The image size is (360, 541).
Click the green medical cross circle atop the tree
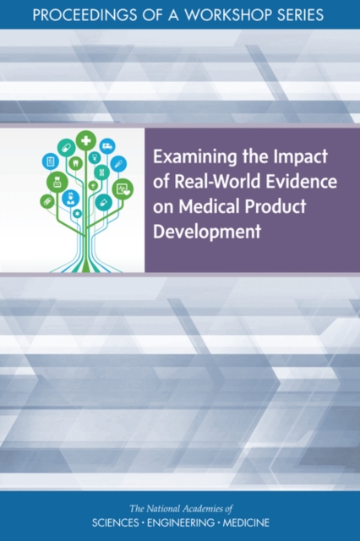[x=85, y=139]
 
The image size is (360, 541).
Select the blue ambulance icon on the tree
[x=107, y=145]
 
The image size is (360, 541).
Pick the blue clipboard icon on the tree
[x=50, y=160]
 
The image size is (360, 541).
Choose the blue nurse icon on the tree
[x=70, y=199]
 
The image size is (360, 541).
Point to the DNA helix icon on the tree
[x=101, y=172]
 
